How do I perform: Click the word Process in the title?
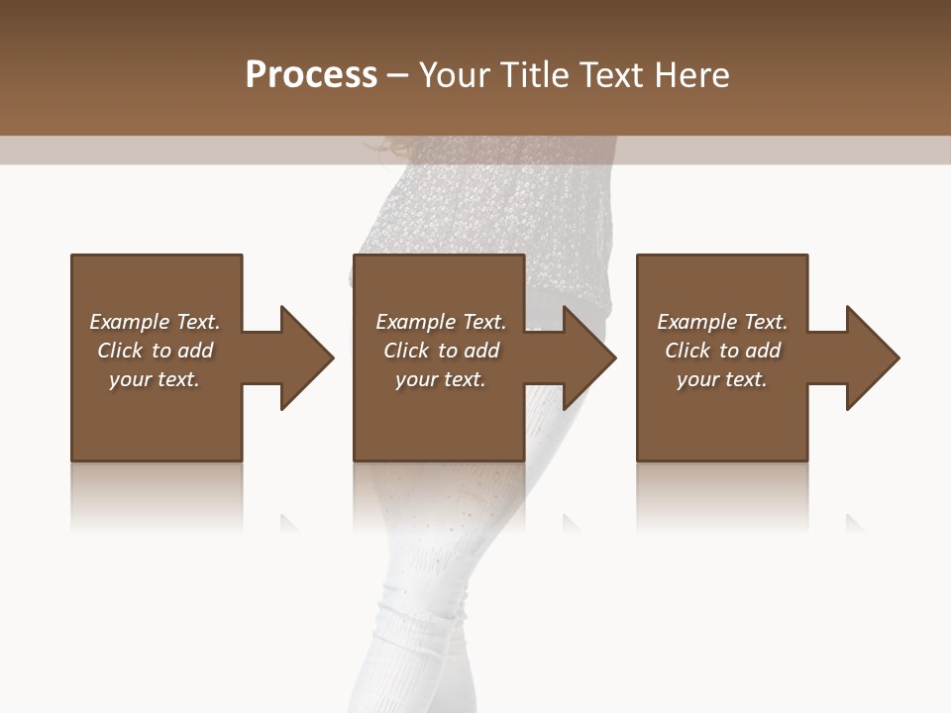click(311, 75)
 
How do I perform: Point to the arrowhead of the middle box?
click(588, 357)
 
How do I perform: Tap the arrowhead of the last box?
click(872, 357)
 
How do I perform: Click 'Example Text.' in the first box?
click(155, 322)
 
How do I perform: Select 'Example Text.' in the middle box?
click(441, 322)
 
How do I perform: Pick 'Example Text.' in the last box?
click(722, 322)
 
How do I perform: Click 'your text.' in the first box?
click(155, 379)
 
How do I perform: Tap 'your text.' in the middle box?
click(441, 379)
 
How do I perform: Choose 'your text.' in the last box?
click(722, 379)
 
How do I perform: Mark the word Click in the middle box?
click(406, 351)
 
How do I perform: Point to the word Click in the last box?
click(687, 351)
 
